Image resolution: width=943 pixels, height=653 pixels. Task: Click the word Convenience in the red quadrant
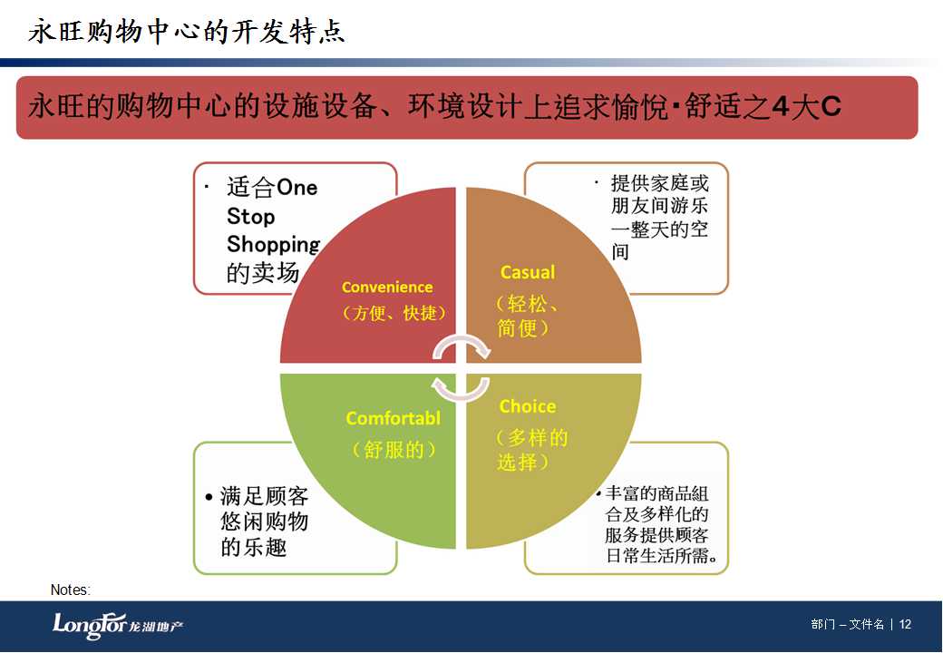point(386,288)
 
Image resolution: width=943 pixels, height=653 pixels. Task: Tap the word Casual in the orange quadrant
point(528,272)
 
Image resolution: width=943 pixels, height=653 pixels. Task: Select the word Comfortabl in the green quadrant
point(394,418)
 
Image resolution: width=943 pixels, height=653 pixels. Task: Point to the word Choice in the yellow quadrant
point(528,406)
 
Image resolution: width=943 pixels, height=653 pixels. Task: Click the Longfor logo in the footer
point(118,626)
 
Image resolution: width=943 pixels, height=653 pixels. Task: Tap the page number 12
point(905,624)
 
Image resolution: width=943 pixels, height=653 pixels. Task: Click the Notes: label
point(71,590)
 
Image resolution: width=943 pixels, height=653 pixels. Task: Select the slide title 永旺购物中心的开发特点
point(187,31)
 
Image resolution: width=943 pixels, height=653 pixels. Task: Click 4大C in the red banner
point(806,106)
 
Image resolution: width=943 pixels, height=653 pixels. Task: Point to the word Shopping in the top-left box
point(274,244)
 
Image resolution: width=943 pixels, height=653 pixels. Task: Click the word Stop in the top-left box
point(251,216)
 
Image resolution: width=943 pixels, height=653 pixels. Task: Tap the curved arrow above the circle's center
point(462,346)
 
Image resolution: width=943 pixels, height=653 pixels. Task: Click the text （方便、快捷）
point(394,313)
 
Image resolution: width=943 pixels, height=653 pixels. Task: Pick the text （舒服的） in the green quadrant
point(394,449)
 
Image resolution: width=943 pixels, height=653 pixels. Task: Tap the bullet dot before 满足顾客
point(209,497)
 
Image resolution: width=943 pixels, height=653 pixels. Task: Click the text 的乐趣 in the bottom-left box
point(253,547)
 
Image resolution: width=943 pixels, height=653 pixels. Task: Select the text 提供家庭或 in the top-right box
point(660,183)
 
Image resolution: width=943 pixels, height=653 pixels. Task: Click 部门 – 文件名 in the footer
point(848,624)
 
